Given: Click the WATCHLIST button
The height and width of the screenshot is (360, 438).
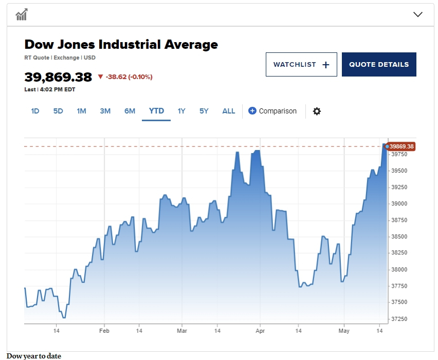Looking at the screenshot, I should (x=301, y=65).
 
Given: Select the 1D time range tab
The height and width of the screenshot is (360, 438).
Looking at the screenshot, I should (x=35, y=111).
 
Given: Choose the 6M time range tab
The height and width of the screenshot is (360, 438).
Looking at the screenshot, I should (x=130, y=111).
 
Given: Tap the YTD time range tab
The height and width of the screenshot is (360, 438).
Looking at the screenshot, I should (x=156, y=111).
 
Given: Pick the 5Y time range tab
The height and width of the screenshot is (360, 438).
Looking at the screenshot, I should (x=204, y=111).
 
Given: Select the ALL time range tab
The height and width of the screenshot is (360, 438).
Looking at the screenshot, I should (x=229, y=111).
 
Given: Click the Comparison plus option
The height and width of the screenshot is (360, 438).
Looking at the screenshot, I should (x=272, y=111).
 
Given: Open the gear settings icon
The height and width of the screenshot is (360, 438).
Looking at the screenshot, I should (x=317, y=111).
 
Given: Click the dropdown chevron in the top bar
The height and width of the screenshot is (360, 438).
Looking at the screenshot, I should (x=418, y=14).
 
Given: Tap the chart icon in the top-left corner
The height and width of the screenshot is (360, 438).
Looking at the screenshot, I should (x=21, y=14).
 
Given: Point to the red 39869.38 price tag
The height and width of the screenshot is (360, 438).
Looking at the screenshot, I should (x=401, y=146).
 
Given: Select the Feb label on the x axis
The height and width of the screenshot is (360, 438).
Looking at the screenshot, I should (x=104, y=331).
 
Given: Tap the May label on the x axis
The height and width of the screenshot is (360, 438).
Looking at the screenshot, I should (x=344, y=331).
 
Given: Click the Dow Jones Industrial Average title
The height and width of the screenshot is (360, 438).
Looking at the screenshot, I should (x=121, y=45).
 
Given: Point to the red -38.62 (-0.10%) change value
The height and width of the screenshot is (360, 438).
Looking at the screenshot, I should (x=129, y=77).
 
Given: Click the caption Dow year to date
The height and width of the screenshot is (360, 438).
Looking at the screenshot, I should (x=34, y=356).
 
